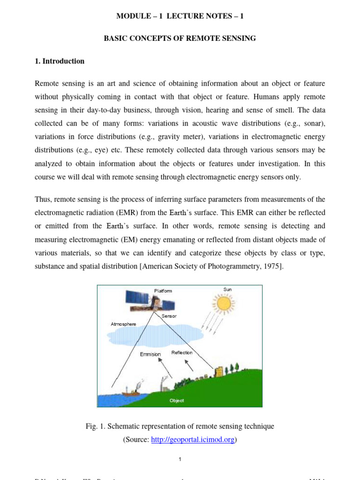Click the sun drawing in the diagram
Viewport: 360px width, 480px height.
click(x=224, y=303)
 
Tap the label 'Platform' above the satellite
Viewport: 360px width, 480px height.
click(x=163, y=291)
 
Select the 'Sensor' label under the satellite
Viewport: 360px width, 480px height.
click(x=169, y=316)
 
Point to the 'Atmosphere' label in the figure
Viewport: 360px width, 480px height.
click(x=123, y=324)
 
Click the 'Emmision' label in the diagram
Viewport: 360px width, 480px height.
click(x=150, y=354)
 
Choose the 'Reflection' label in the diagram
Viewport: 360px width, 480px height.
click(x=182, y=352)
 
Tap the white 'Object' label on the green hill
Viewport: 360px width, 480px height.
click(x=177, y=401)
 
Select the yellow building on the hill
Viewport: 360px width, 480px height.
click(x=219, y=371)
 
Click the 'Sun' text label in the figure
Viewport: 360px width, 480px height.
click(x=227, y=289)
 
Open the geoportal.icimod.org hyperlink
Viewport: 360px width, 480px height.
click(x=192, y=440)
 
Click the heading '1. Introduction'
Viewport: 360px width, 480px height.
click(x=60, y=61)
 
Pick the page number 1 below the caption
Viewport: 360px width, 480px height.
click(x=180, y=459)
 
